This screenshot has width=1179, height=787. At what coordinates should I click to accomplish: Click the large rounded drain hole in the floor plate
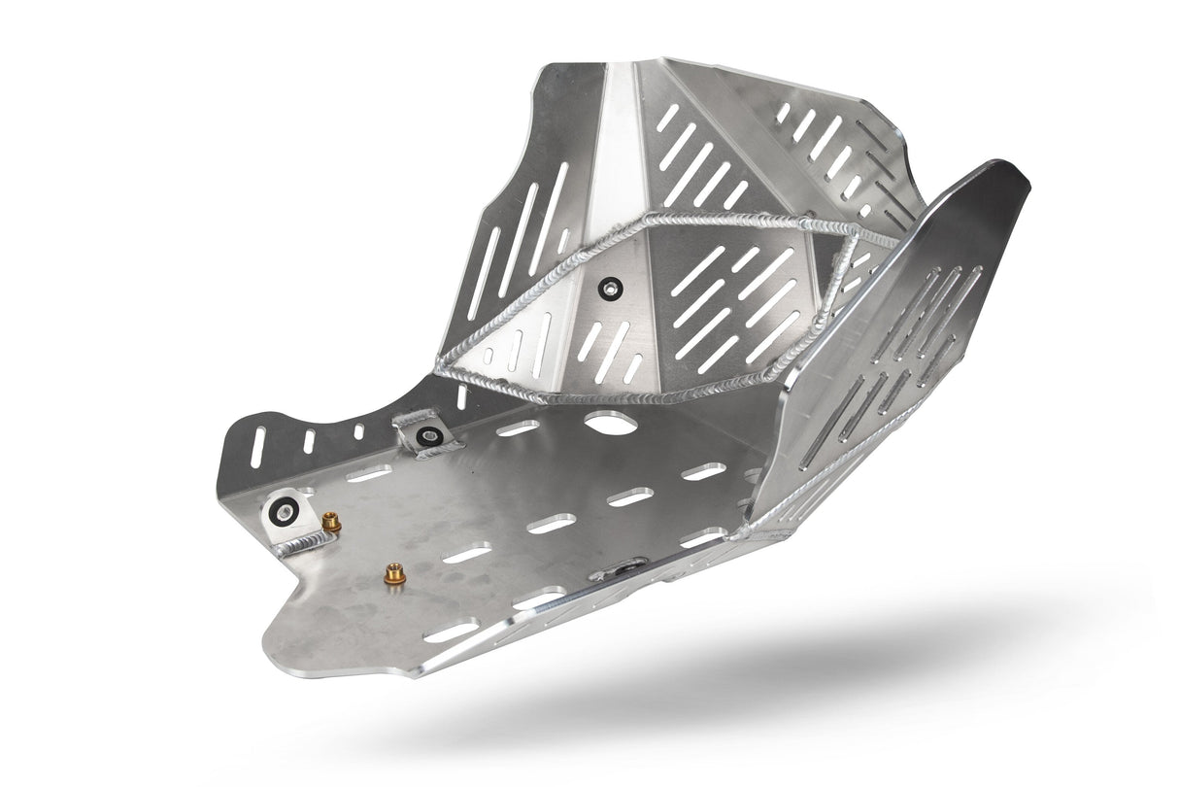(609, 424)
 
